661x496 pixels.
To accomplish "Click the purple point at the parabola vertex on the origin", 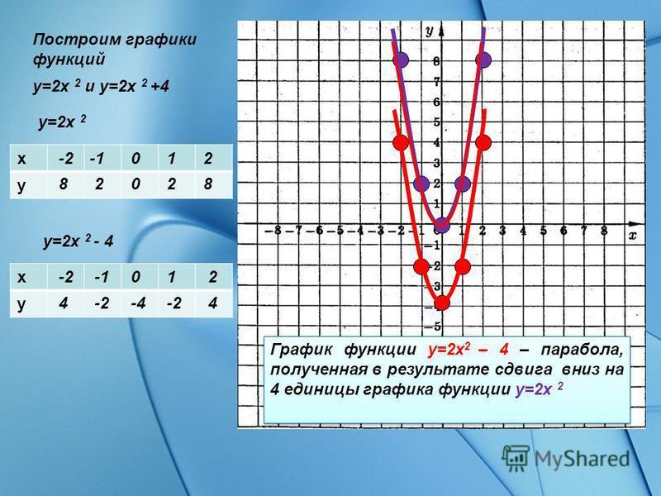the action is point(442,225).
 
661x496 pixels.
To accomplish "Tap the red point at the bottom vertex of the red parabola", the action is point(442,303).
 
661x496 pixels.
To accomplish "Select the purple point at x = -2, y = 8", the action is point(401,60).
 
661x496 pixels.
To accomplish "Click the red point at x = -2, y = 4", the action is point(401,142).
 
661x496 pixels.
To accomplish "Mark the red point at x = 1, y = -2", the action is point(463,266).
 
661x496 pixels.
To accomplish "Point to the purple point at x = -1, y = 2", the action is point(421,184).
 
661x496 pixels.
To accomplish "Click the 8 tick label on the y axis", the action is point(436,61).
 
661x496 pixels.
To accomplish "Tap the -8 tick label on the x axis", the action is point(274,231).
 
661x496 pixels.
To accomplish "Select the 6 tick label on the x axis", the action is point(564,231).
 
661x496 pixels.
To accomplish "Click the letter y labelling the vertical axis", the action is point(429,31).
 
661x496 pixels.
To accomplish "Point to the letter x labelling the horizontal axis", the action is point(633,236).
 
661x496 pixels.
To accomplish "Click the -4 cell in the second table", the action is point(138,303).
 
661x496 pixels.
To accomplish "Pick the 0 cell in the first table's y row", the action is point(136,184).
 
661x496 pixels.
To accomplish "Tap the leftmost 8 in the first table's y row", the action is point(64,184).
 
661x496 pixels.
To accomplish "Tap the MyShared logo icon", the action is point(515,459).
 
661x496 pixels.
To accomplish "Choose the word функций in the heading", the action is point(69,59).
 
